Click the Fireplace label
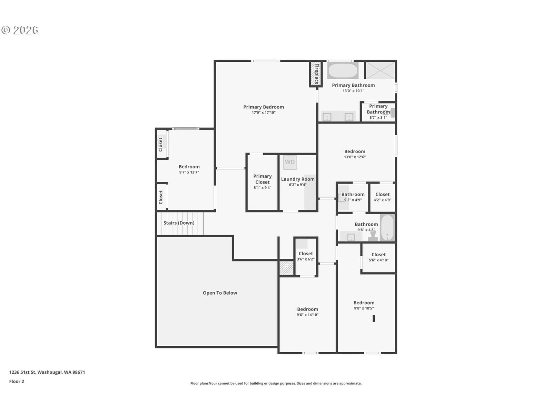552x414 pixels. point(317,74)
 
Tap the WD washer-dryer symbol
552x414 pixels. point(290,162)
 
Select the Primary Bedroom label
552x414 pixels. point(264,107)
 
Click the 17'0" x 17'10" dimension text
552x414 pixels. point(264,112)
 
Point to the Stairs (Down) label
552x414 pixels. point(179,223)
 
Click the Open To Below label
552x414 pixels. point(220,293)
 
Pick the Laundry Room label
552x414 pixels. point(298,179)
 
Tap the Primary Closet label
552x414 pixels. point(262,179)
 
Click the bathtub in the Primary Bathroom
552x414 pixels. point(343,71)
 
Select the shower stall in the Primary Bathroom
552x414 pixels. point(380,71)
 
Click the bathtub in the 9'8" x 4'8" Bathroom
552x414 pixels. point(387,228)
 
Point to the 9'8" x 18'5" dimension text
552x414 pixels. point(364,308)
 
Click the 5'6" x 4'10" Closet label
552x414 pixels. point(378,255)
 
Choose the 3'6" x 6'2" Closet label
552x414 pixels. point(306,254)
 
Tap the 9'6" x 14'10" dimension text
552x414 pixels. point(307,315)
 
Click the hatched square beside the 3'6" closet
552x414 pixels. point(287,268)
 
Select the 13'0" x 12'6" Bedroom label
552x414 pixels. point(355,151)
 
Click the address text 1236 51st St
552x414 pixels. point(22,372)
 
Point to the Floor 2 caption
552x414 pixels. point(17,382)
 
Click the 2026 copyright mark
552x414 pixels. point(20,30)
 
